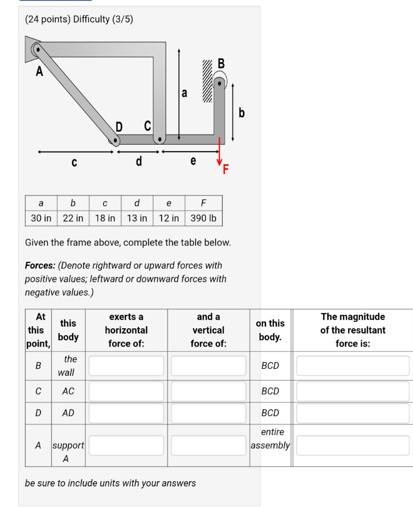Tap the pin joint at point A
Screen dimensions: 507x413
point(37,50)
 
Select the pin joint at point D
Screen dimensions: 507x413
point(116,141)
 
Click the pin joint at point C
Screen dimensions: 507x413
point(159,139)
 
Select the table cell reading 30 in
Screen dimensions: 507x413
point(41,218)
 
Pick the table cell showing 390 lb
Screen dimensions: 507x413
point(203,218)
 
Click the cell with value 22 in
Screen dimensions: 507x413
point(73,218)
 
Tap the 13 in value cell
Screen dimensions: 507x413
point(137,218)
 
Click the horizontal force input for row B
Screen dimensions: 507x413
point(126,366)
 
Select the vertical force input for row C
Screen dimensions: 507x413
point(208,391)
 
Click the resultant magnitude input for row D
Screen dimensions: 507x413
point(353,412)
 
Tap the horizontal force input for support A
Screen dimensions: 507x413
point(126,445)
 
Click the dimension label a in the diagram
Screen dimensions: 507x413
point(184,93)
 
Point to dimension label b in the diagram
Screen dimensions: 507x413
point(241,113)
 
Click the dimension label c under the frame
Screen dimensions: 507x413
point(74,162)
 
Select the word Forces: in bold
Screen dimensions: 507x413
point(40,266)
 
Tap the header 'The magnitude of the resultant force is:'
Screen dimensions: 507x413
point(353,330)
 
